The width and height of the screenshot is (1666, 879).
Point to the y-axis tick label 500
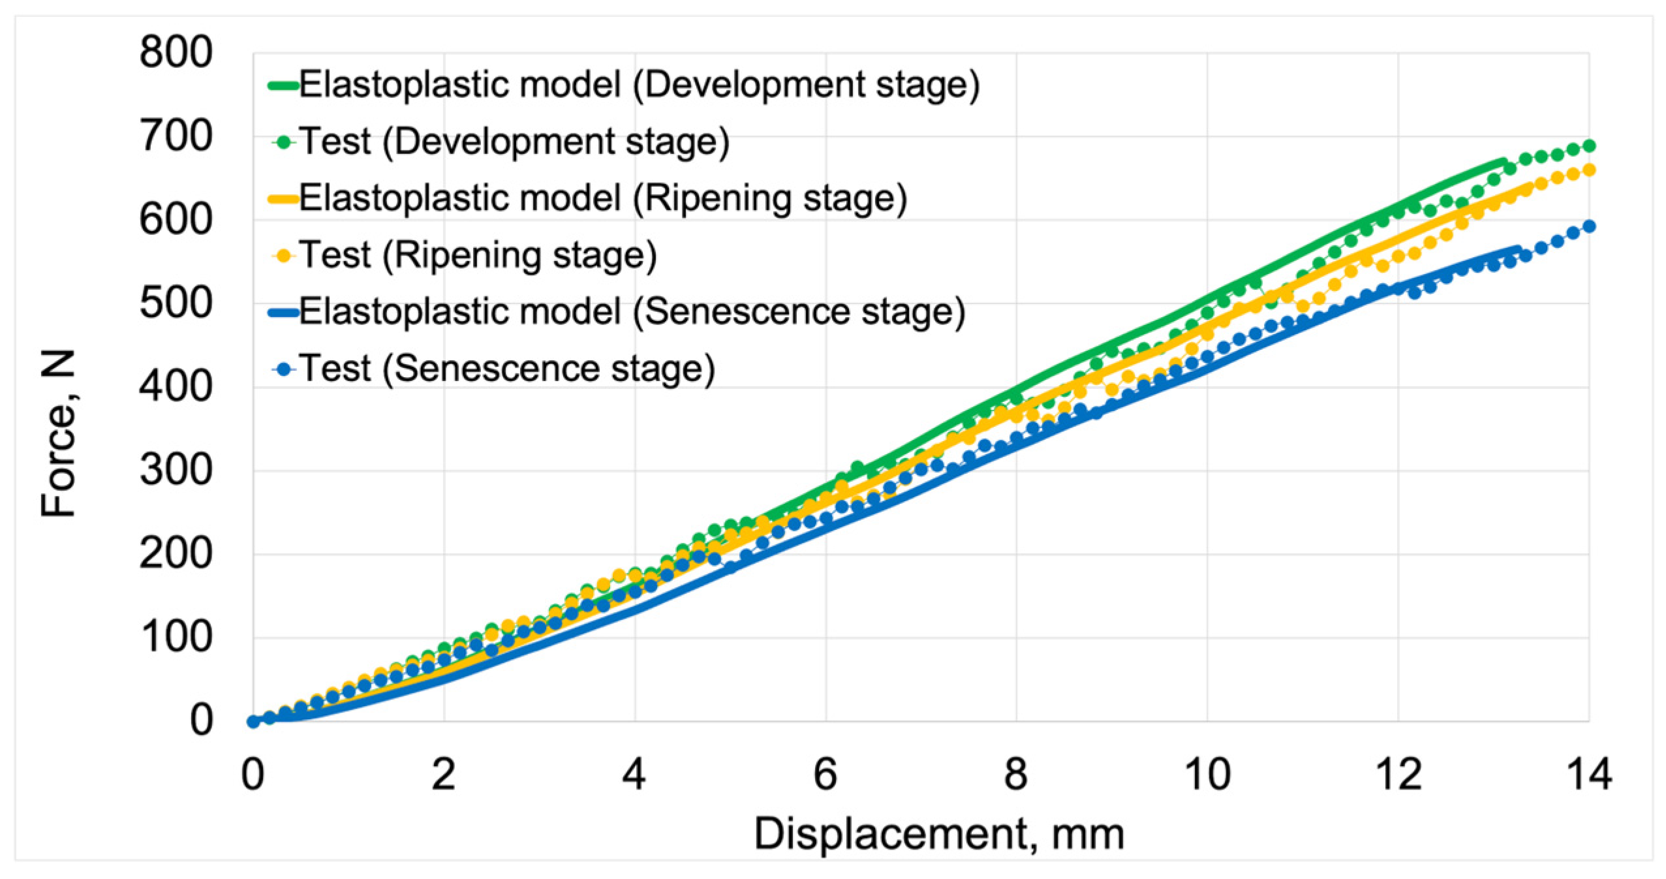point(176,303)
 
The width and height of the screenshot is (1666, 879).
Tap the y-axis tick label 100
point(176,638)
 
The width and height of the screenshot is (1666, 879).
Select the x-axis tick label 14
point(1588,775)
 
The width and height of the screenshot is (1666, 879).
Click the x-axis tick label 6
point(825,775)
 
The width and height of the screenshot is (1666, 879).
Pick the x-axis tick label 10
point(1207,775)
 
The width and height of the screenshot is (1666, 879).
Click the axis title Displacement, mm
point(939,835)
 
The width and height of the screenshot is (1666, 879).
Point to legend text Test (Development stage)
point(514,142)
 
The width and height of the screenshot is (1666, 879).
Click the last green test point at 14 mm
point(1588,146)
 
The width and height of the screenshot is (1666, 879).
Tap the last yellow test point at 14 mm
point(1588,170)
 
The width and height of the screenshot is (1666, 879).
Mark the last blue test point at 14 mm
point(1588,226)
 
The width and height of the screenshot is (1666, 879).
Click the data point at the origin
point(253,721)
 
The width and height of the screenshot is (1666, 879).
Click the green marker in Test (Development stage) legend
point(283,142)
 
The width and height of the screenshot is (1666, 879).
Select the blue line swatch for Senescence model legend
point(283,313)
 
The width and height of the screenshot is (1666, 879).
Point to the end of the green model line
point(1503,161)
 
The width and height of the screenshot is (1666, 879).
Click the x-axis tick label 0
point(253,775)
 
